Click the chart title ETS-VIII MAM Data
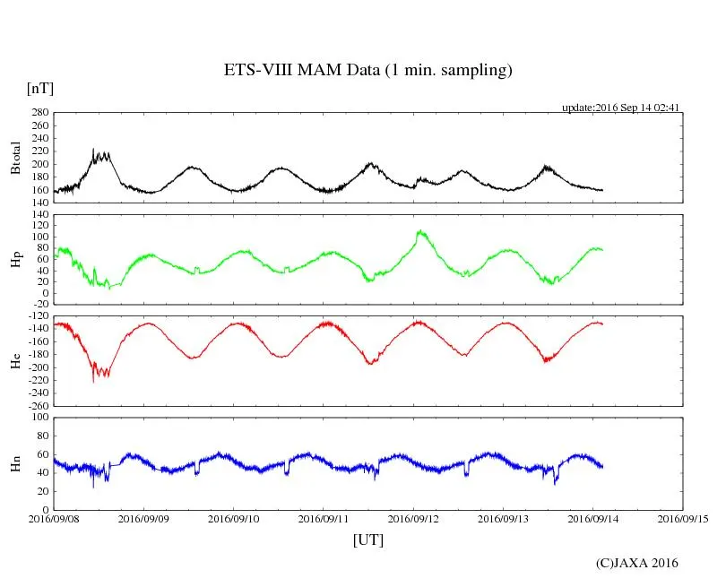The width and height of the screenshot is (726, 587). [x=367, y=71]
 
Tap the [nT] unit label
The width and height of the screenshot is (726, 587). [x=39, y=89]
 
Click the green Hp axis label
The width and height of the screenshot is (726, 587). [x=15, y=260]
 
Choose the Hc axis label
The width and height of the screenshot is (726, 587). [x=15, y=361]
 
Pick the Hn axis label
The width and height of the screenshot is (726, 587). [x=15, y=463]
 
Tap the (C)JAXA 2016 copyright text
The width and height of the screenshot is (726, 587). [x=636, y=563]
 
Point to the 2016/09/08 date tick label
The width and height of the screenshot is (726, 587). [x=54, y=519]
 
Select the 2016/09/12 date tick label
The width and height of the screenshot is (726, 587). [x=413, y=519]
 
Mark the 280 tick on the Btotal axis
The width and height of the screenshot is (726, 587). [x=39, y=113]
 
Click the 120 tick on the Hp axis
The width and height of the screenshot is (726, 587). [x=39, y=214]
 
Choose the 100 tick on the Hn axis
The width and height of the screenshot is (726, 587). [x=39, y=418]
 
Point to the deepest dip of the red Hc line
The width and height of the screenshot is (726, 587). [x=93, y=383]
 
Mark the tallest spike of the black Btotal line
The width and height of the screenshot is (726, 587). [x=93, y=149]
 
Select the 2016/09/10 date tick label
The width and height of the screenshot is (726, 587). [x=233, y=519]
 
